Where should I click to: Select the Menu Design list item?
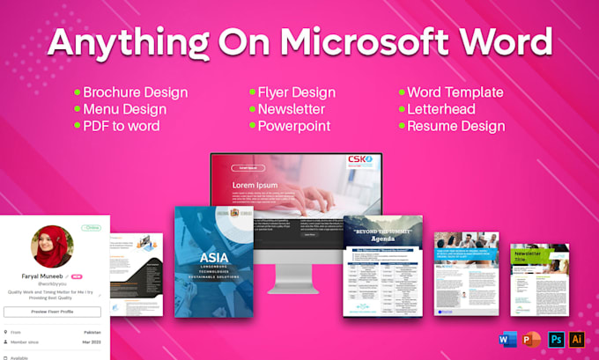click(125, 109)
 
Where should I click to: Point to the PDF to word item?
click(122, 126)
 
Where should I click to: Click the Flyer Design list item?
click(296, 92)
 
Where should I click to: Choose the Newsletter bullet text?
click(292, 109)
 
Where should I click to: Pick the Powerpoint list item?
click(294, 126)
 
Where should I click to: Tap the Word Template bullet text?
click(455, 92)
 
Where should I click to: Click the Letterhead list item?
click(440, 109)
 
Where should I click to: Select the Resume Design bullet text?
click(455, 126)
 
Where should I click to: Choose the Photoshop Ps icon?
click(555, 339)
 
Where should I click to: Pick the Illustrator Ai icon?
click(577, 339)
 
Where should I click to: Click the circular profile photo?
click(53, 246)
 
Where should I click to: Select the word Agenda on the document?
click(382, 239)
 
